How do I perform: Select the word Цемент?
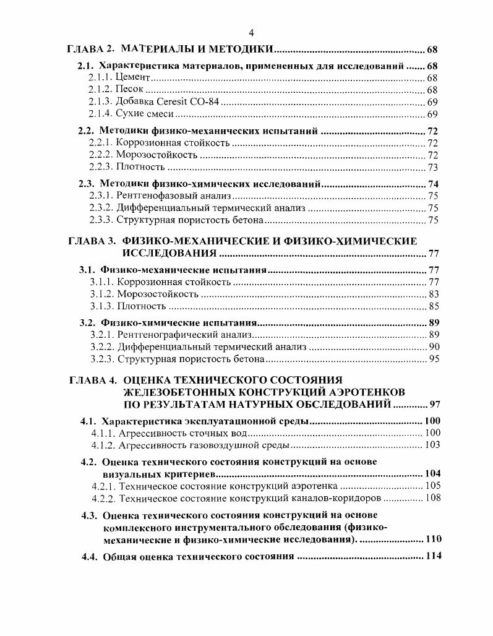(134, 78)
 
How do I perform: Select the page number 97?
(434, 405)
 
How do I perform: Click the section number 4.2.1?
(103, 486)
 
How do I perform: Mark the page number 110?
(433, 539)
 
